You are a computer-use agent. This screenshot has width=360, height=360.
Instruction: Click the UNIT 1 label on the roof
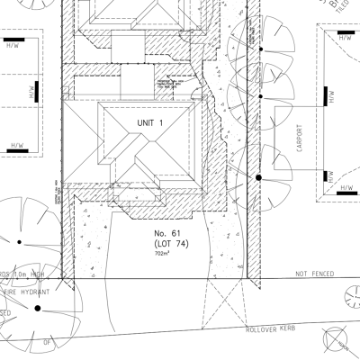click(150, 121)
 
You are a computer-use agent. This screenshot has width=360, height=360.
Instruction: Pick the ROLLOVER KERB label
click(273, 329)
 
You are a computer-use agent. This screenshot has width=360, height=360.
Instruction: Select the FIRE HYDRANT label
click(25, 292)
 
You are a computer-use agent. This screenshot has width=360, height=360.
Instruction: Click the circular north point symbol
click(340, 339)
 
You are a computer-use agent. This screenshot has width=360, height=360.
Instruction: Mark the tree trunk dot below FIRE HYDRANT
click(38, 309)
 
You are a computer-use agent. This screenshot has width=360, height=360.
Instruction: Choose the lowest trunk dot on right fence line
click(259, 177)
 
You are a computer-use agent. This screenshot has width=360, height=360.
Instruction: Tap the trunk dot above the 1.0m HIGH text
click(19, 240)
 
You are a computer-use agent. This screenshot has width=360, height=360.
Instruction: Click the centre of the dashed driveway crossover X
click(226, 306)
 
